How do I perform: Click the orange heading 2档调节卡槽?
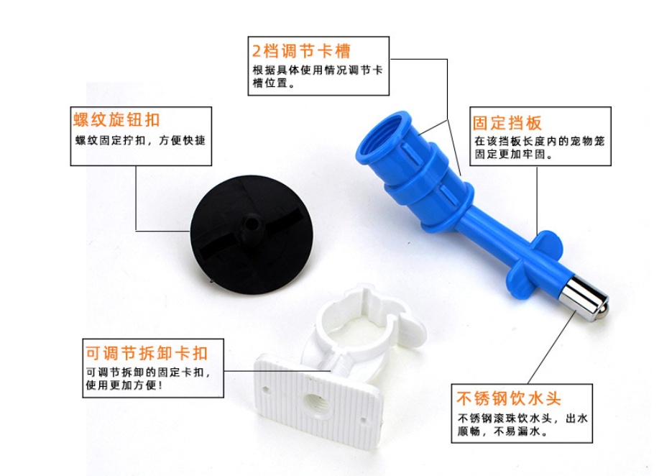click(x=301, y=51)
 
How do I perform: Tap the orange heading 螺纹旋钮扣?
click(x=116, y=119)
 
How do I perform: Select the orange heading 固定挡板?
click(x=507, y=123)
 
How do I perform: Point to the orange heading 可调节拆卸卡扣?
click(x=147, y=353)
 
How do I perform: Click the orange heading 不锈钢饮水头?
click(x=509, y=398)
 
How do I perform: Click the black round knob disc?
click(x=252, y=234)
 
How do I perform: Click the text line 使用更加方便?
click(x=124, y=385)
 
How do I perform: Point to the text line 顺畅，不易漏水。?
click(x=502, y=431)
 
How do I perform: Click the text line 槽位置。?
click(x=274, y=83)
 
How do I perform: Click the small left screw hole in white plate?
click(x=266, y=390)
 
